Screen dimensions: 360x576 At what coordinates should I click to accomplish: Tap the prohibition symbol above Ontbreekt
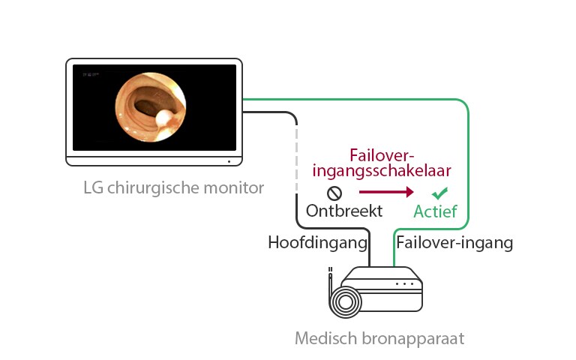coord(334,192)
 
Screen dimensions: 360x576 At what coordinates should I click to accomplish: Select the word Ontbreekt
coord(344,211)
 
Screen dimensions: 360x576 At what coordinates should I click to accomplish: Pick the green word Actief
coord(436,211)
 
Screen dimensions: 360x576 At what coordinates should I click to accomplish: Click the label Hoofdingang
coord(319,242)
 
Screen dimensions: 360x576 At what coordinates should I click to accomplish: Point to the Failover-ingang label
coord(454,242)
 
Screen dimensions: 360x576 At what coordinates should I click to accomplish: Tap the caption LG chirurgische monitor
coord(173,187)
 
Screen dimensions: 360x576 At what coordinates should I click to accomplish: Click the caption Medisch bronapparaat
coord(379,338)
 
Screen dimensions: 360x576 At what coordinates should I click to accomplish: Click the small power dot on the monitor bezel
coord(227,160)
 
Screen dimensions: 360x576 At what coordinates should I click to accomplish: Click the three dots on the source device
coord(405,284)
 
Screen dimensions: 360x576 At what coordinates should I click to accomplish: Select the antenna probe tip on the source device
coord(328,270)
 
